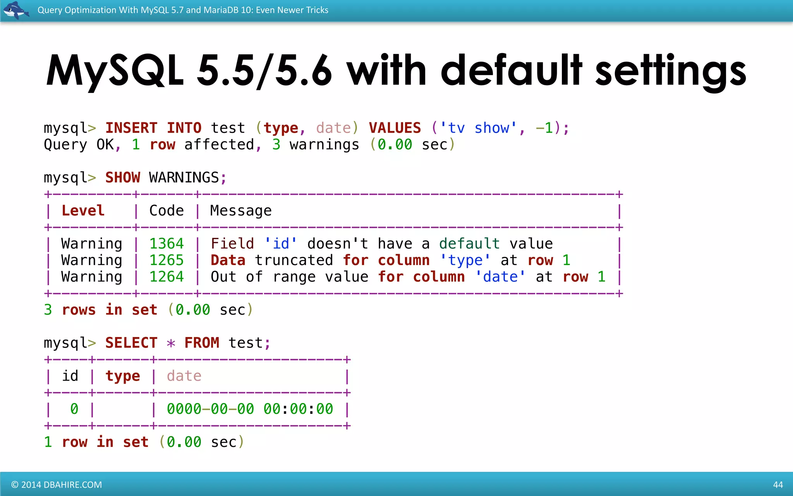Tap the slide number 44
click(x=778, y=485)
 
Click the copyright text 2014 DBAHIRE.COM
click(x=57, y=485)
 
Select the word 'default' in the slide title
click(x=511, y=71)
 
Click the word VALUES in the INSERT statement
click(x=395, y=128)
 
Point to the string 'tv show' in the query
click(x=478, y=128)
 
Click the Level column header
click(x=83, y=211)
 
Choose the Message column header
click(x=240, y=211)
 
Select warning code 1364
click(x=166, y=244)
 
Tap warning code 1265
click(x=166, y=260)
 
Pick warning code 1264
click(x=166, y=277)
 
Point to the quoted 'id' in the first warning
click(x=281, y=244)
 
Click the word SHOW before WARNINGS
click(x=123, y=177)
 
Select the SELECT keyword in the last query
click(x=131, y=343)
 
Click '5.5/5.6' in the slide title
click(x=264, y=71)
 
